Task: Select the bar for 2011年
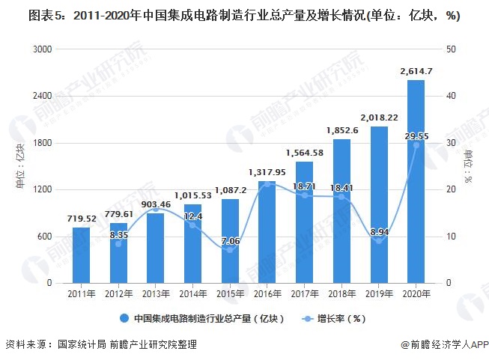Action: [82, 255]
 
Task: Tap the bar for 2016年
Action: [267, 232]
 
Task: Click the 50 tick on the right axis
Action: [448, 49]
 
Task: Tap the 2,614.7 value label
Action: [416, 70]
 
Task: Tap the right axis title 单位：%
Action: [468, 166]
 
